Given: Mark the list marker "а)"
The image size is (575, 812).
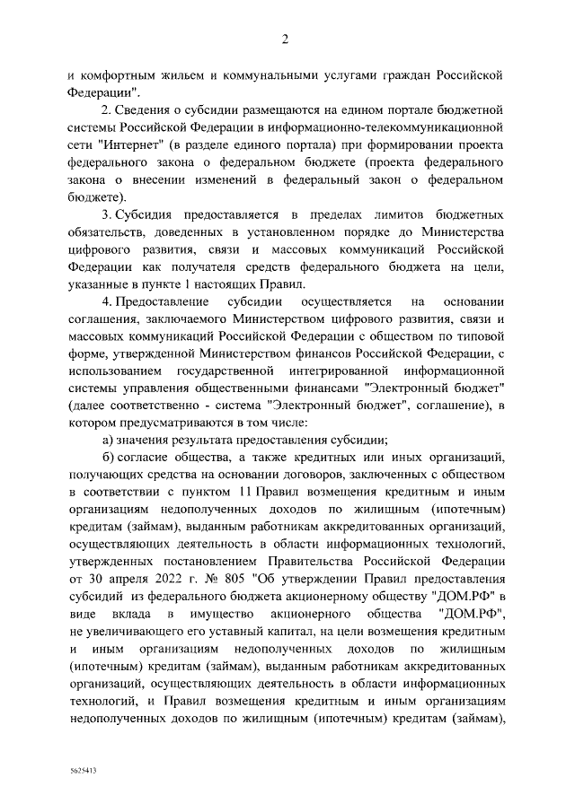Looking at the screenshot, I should (x=107, y=439).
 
